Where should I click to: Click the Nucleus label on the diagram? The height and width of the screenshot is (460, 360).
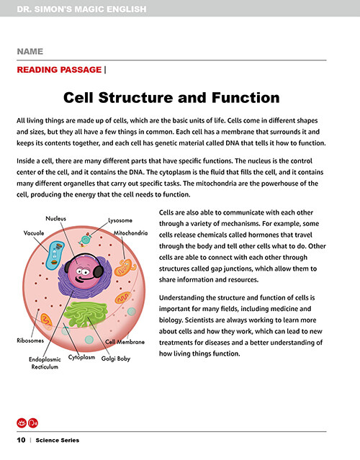(55, 219)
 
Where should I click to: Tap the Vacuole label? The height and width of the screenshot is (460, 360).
(34, 233)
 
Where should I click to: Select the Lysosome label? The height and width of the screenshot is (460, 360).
(120, 220)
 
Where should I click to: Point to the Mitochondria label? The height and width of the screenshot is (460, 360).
(130, 233)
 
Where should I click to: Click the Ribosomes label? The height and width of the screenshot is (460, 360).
(30, 341)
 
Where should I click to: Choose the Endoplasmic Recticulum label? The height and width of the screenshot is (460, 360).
(45, 363)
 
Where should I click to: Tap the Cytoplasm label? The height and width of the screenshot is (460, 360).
(81, 357)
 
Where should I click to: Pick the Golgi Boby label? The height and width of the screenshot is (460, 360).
(116, 358)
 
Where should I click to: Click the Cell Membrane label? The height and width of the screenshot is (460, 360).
(125, 342)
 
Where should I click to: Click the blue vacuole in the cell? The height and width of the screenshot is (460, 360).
(55, 256)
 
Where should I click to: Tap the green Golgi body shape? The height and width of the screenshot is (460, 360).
(86, 314)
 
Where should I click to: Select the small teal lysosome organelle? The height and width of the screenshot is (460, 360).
(85, 240)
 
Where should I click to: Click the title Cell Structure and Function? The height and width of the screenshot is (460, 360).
(171, 97)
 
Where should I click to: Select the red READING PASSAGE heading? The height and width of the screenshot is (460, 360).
(59, 70)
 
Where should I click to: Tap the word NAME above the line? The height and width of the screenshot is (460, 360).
(30, 52)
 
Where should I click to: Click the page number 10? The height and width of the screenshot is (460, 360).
(21, 440)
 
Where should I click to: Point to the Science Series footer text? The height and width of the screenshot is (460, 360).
(57, 440)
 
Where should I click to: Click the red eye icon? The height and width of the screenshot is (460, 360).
(22, 423)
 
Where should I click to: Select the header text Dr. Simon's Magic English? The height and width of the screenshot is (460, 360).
(81, 9)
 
